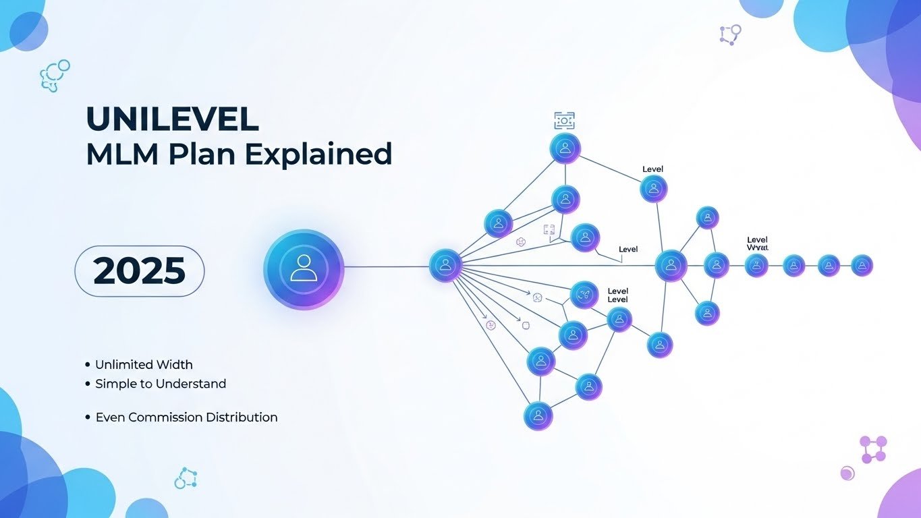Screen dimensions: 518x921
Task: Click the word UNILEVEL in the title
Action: (172, 119)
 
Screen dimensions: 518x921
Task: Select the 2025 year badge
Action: (139, 270)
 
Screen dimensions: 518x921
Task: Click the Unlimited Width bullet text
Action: (144, 365)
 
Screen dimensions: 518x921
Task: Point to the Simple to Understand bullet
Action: (161, 384)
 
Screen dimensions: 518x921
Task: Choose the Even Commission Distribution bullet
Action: (186, 418)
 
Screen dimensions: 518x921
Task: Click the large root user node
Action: (304, 269)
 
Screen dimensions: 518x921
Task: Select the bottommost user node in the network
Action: (538, 415)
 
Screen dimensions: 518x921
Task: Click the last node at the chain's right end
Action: (862, 266)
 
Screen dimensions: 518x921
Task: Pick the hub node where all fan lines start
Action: (445, 265)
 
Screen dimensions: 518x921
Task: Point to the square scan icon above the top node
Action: (564, 121)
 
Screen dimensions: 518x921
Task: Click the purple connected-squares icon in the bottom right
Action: (873, 449)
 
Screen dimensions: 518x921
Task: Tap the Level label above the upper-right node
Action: (652, 169)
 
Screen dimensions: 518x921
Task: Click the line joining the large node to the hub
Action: (387, 267)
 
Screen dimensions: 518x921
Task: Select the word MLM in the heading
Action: (123, 154)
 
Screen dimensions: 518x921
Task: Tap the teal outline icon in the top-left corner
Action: (55, 76)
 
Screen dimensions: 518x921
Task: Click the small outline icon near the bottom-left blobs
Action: (185, 478)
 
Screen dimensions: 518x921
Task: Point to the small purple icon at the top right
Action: (730, 34)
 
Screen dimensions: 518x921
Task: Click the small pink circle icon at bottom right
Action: (847, 473)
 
